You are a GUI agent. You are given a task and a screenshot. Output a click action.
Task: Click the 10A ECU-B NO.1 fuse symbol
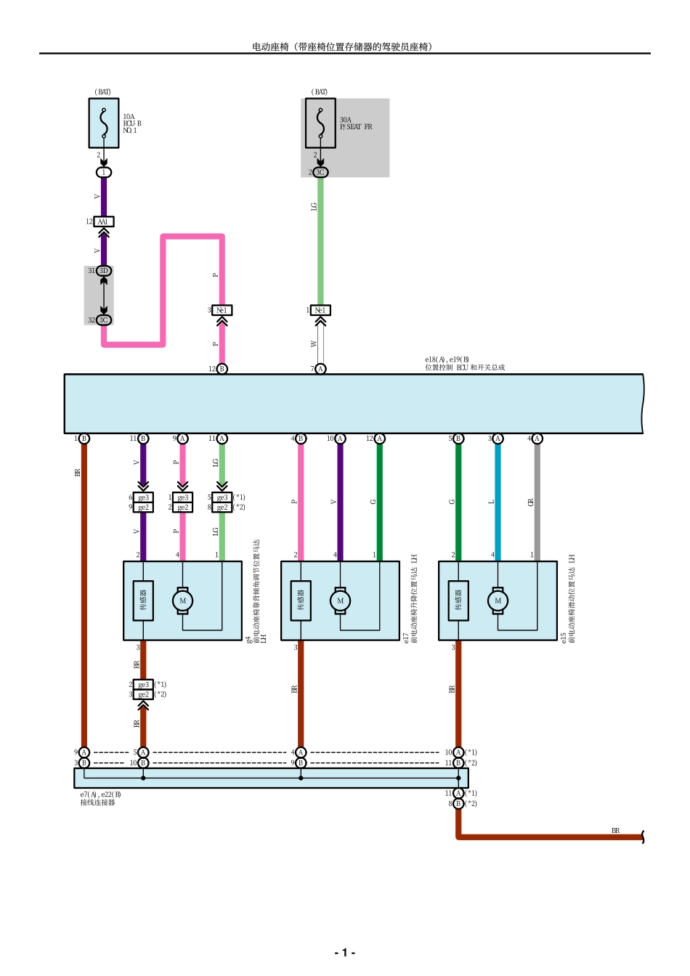click(104, 123)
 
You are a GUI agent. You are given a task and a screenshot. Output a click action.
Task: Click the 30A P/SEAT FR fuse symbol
click(320, 123)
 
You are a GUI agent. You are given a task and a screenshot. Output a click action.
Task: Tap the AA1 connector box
click(103, 221)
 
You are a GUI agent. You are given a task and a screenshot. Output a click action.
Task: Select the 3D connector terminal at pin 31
click(104, 271)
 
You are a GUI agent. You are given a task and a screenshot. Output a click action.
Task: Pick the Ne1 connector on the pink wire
click(222, 310)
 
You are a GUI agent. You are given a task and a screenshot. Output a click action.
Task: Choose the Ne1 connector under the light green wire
click(320, 310)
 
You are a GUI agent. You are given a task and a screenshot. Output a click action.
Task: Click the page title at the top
click(343, 46)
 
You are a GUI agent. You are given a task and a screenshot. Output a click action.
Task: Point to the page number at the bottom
click(344, 952)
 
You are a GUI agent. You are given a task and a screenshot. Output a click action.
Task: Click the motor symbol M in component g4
click(182, 601)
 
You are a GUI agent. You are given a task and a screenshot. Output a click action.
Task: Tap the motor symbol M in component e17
click(340, 601)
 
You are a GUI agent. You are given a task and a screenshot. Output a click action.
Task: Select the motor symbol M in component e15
click(498, 601)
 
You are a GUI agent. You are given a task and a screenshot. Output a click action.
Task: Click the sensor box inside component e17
click(301, 601)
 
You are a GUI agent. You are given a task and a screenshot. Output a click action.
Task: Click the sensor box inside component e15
click(458, 601)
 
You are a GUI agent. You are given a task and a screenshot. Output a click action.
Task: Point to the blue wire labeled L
click(498, 501)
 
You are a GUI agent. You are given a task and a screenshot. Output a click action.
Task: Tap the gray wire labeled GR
click(537, 501)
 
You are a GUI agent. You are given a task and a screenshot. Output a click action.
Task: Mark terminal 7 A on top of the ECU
click(320, 369)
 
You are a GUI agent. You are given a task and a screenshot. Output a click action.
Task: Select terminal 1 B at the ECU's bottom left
click(84, 439)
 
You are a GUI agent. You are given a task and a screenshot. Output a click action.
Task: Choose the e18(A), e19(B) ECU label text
click(464, 363)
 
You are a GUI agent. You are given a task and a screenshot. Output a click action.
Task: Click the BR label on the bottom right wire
click(615, 830)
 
